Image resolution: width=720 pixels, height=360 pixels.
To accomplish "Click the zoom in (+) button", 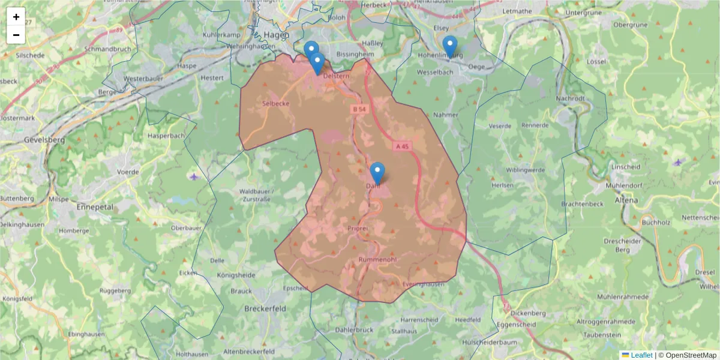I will [x=16, y=17].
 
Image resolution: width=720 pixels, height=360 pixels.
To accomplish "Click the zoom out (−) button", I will [x=16, y=35].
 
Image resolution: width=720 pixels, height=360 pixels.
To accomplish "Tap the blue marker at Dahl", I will [x=377, y=173].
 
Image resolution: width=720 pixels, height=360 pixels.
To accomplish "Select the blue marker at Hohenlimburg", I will [x=449, y=47].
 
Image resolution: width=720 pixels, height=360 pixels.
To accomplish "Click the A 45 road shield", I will [x=402, y=146].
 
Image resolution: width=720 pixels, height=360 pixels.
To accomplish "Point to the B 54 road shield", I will [x=359, y=109].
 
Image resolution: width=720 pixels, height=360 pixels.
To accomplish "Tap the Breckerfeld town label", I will [x=265, y=308].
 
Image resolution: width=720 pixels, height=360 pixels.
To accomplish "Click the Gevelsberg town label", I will [x=44, y=139].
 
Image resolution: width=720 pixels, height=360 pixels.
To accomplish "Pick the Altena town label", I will [x=626, y=200].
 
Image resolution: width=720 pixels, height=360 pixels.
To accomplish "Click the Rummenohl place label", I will [x=377, y=259].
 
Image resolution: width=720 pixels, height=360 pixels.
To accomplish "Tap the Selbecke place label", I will [x=276, y=103].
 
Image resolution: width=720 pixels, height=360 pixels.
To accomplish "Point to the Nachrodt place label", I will [x=570, y=98].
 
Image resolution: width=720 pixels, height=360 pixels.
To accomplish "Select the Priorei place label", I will [x=357, y=229].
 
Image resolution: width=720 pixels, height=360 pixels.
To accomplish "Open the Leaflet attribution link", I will [x=641, y=355].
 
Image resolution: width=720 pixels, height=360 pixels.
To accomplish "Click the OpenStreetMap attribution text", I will [x=691, y=355].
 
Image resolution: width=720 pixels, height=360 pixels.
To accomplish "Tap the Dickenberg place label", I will [x=528, y=313].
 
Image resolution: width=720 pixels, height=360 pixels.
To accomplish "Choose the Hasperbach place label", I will [x=167, y=136].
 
